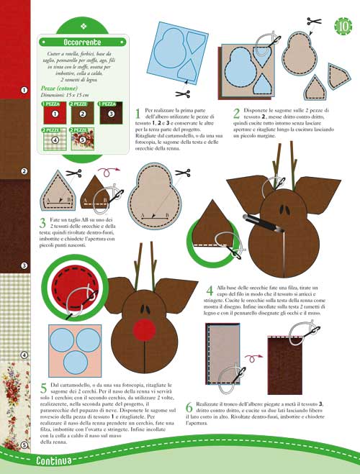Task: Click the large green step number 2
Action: [237, 114]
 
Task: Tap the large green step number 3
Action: [43, 225]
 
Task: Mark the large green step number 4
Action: [210, 291]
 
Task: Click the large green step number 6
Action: [189, 407]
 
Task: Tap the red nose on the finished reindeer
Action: [145, 330]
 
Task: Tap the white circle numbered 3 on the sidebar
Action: [24, 266]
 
